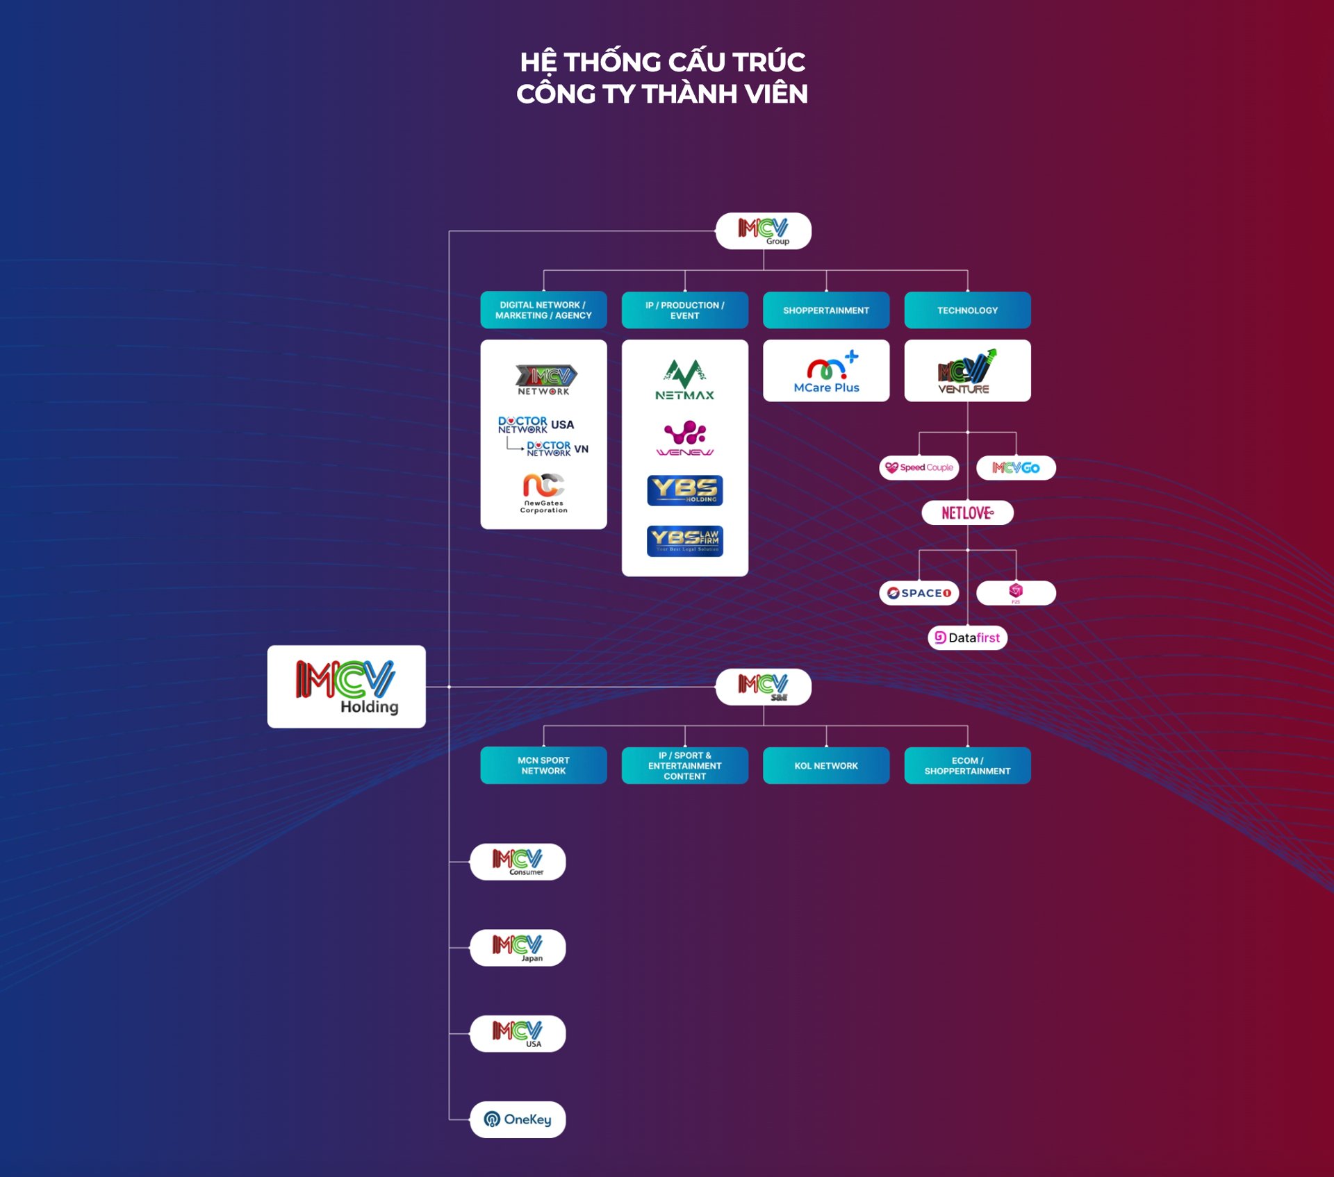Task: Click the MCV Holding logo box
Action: tap(346, 686)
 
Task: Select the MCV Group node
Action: tap(763, 231)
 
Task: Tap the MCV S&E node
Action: tap(763, 687)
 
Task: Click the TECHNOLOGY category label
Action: tap(967, 310)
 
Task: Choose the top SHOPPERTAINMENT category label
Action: tap(825, 310)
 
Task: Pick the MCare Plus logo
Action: tap(825, 371)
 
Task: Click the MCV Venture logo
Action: tap(967, 371)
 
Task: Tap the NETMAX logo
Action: tap(684, 380)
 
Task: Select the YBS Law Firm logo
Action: tap(684, 541)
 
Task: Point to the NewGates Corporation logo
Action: tap(543, 492)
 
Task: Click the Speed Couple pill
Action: tap(919, 467)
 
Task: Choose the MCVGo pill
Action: tap(1016, 467)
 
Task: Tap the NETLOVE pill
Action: tap(967, 512)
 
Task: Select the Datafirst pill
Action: tap(967, 637)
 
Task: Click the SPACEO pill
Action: tap(919, 593)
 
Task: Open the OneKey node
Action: tap(518, 1119)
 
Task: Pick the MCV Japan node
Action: tap(518, 948)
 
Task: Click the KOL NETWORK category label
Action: tap(825, 765)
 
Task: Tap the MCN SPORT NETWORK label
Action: tap(543, 765)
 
